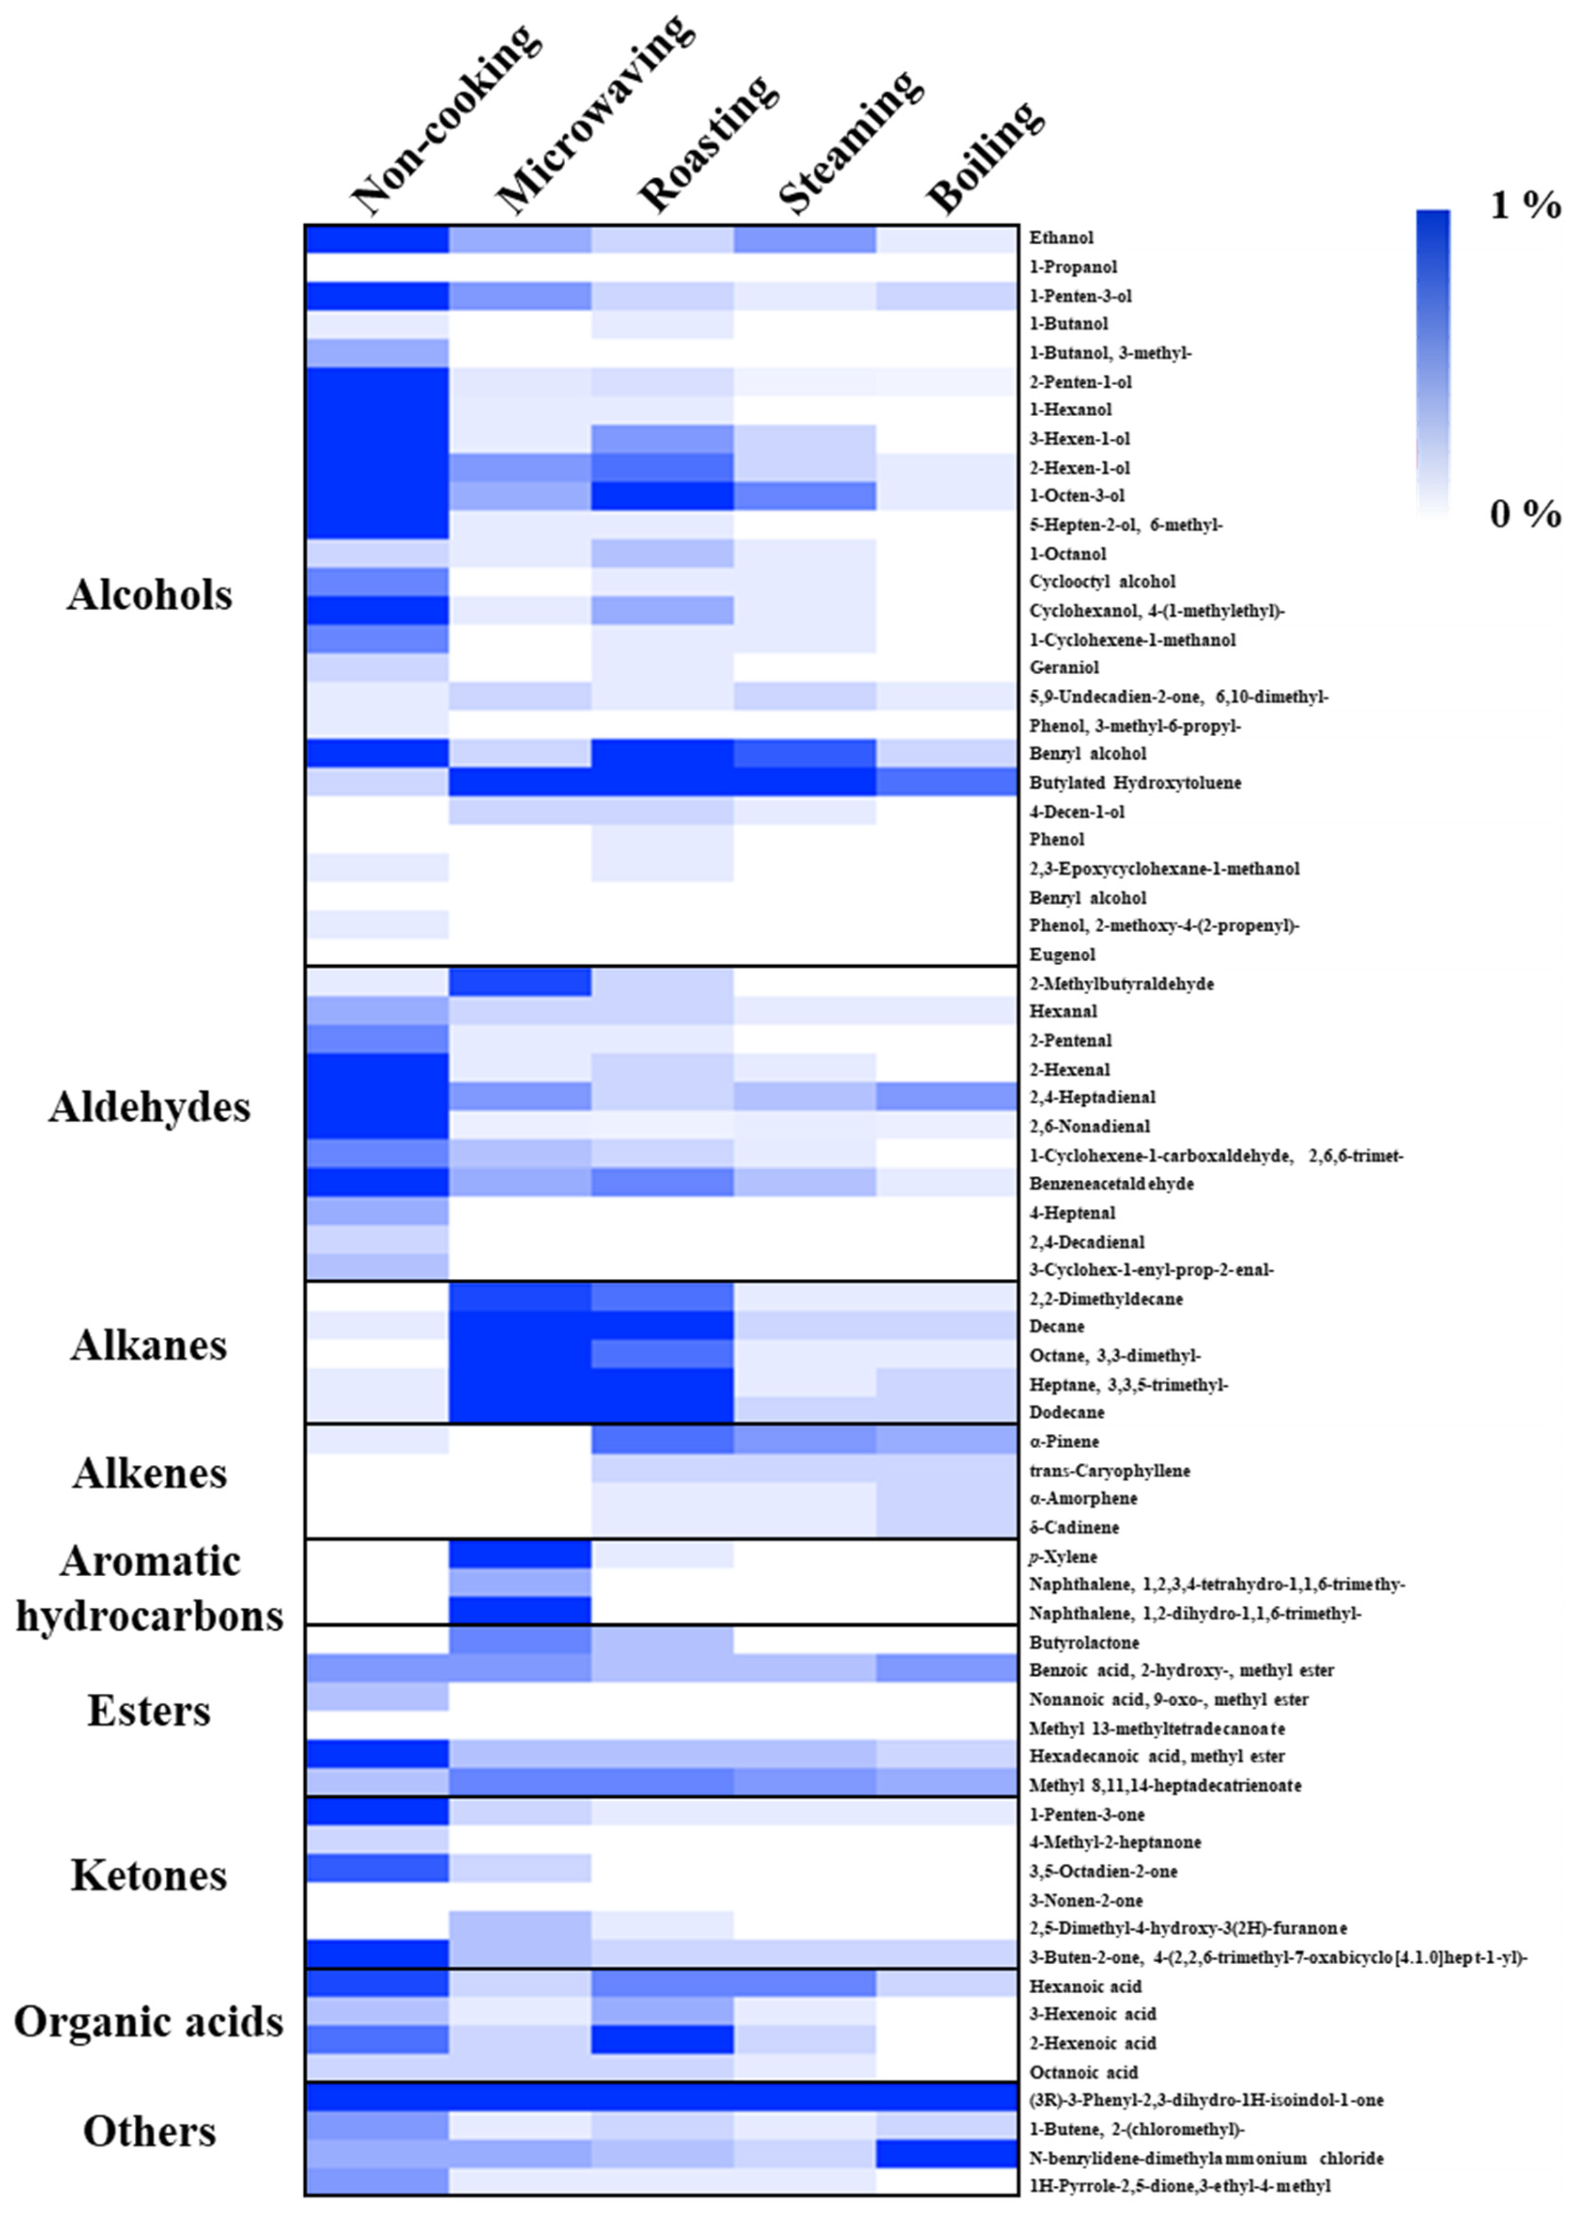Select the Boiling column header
point(984,156)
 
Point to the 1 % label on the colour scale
point(1525,205)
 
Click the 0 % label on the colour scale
point(1525,513)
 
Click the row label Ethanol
point(1061,238)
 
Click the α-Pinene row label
point(1063,1441)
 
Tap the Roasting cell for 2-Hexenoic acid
point(662,2043)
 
